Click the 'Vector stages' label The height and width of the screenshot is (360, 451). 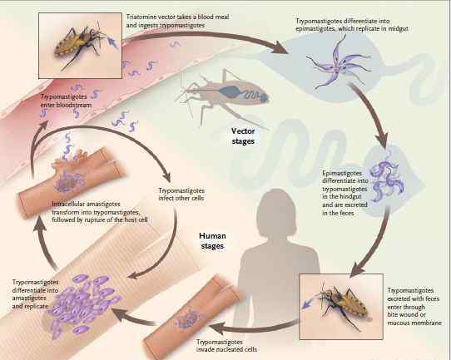[x=243, y=136]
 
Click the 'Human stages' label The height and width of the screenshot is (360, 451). [x=212, y=241]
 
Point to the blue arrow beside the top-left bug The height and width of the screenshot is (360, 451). [x=112, y=42]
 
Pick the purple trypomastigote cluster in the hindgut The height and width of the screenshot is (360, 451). [x=387, y=177]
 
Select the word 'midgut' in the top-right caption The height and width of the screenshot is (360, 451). [x=398, y=29]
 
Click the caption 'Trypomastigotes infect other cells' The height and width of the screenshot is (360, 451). [x=181, y=195]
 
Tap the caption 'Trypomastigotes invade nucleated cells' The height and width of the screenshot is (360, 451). [x=226, y=346]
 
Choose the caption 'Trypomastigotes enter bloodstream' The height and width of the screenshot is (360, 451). [x=66, y=101]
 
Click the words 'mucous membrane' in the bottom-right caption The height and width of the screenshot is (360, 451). [x=414, y=323]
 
